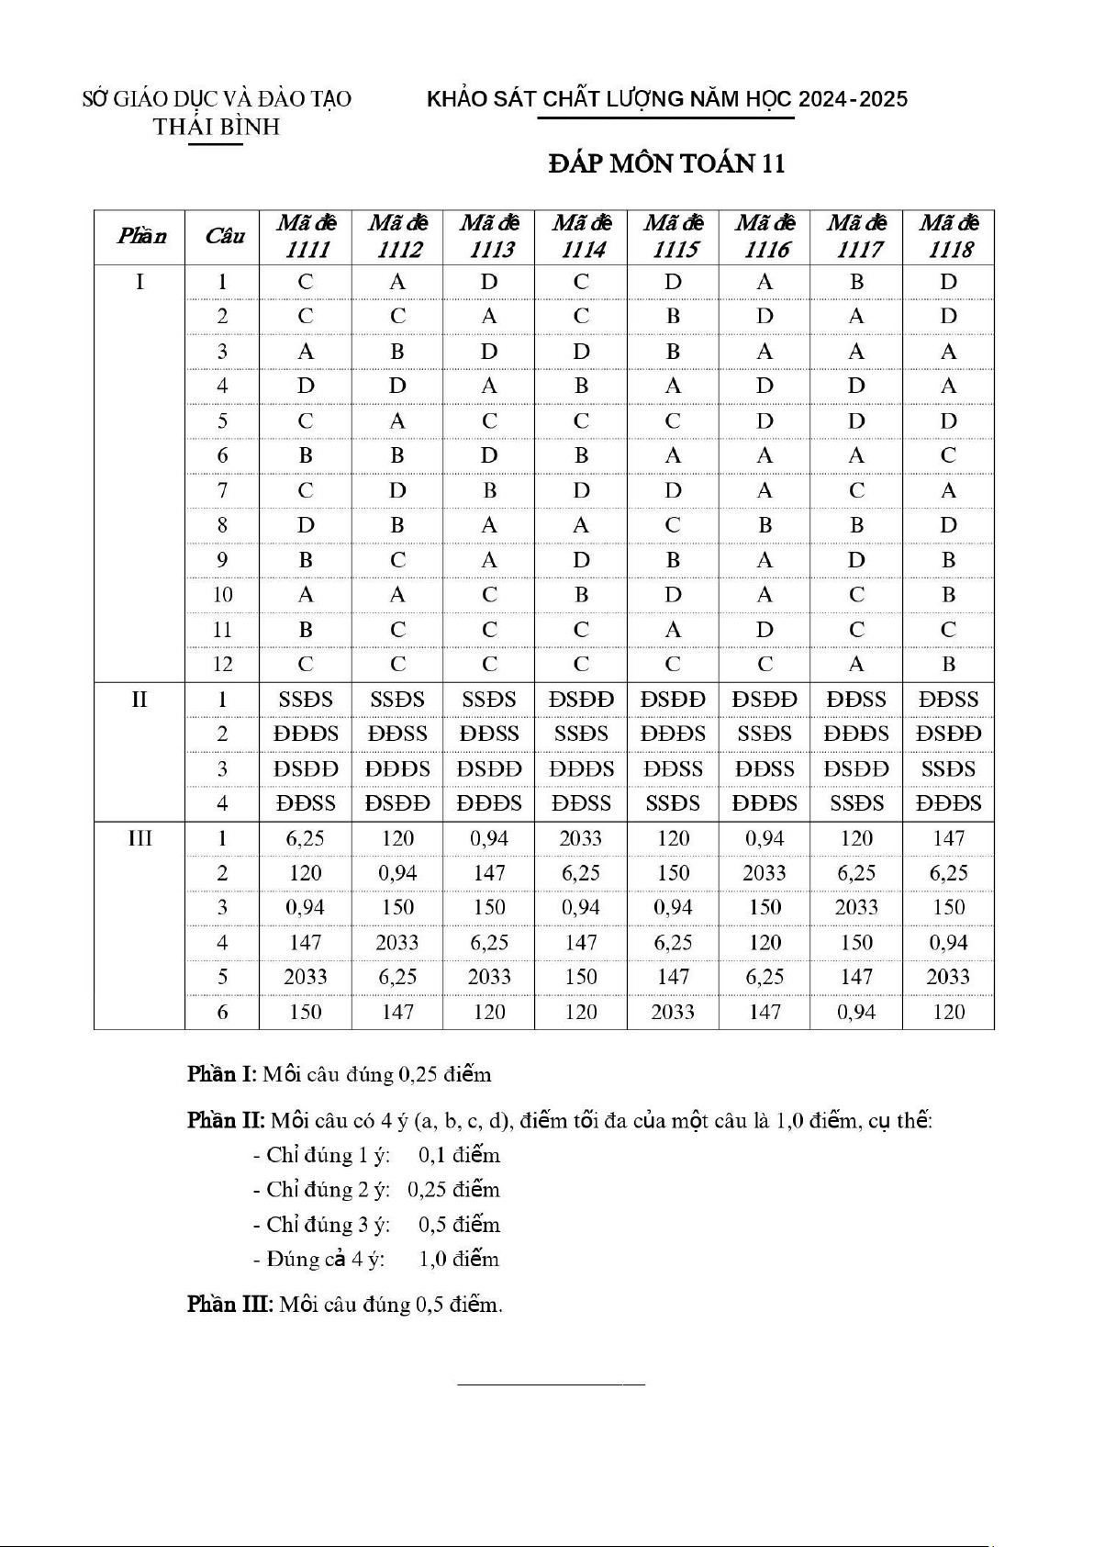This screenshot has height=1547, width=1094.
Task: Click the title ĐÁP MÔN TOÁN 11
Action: [x=666, y=163]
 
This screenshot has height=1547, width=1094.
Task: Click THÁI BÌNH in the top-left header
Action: [x=217, y=127]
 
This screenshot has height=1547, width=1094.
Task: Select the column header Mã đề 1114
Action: [x=581, y=236]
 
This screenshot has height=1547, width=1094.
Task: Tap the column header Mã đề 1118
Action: [x=949, y=236]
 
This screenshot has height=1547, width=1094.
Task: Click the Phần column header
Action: [x=140, y=236]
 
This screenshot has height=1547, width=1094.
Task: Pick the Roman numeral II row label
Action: [x=140, y=700]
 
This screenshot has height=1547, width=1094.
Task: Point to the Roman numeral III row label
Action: [x=140, y=838]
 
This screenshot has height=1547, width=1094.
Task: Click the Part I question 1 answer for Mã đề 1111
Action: [x=306, y=282]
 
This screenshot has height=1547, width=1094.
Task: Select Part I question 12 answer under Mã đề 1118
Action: [x=949, y=664]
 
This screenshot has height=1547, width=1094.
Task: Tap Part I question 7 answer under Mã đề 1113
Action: [x=489, y=490]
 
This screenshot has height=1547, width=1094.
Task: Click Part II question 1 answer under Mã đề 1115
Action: [x=673, y=700]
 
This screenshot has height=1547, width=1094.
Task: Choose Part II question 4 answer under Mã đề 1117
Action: [x=856, y=803]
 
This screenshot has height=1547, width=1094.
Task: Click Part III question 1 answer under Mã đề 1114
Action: [x=581, y=838]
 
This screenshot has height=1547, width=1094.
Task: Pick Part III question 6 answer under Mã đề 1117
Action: [x=856, y=1012]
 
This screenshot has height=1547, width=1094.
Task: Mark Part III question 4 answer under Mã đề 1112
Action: [x=397, y=943]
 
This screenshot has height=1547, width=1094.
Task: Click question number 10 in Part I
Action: [x=222, y=595]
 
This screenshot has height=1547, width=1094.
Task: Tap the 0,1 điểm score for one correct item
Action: [x=459, y=1155]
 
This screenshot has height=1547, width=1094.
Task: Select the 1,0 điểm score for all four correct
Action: [x=459, y=1259]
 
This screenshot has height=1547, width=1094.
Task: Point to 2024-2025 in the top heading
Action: [x=853, y=99]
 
